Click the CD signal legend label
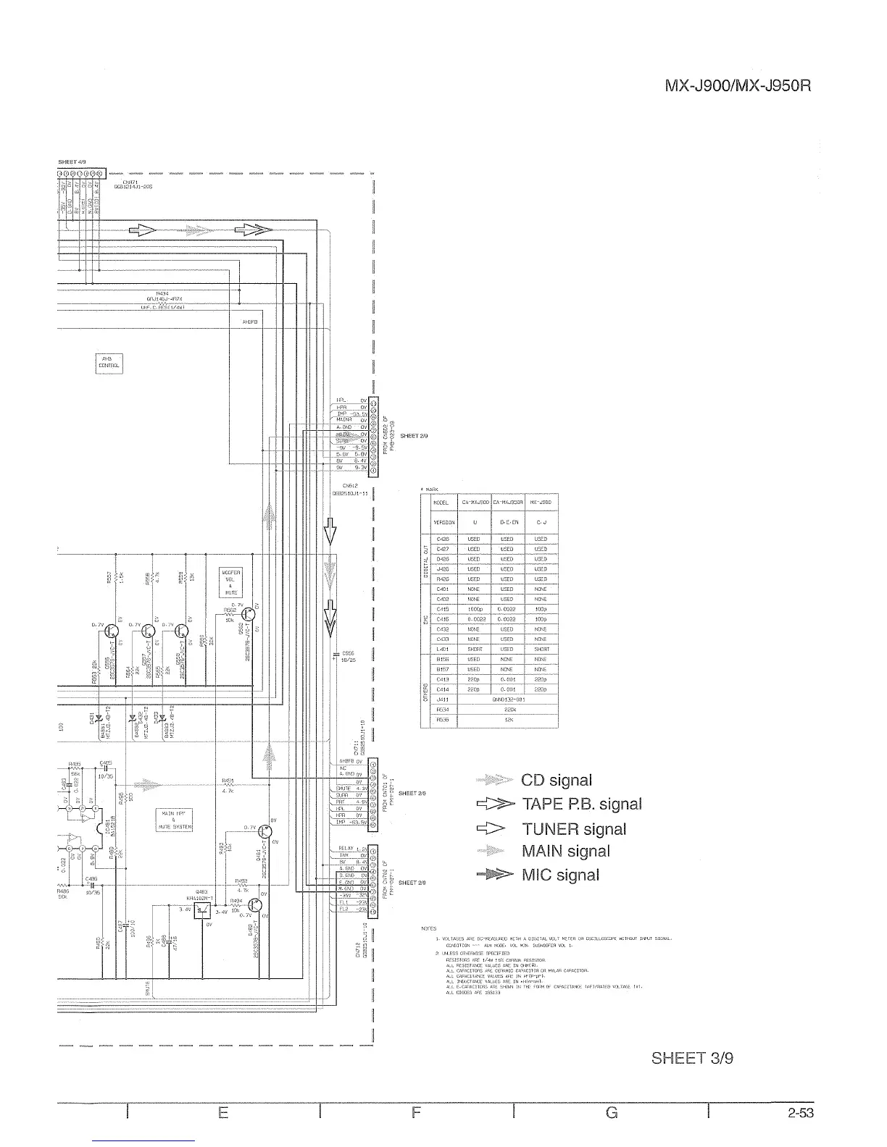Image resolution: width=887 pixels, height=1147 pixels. click(556, 781)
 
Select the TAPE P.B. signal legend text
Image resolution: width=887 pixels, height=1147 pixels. click(581, 804)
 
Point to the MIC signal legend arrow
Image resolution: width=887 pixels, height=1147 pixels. click(494, 875)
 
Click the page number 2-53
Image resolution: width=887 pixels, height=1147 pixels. click(801, 1113)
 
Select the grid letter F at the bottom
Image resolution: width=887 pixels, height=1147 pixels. click(416, 1113)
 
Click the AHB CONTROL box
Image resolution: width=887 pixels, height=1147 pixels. click(109, 362)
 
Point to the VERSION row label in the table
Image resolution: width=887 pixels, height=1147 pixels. click(443, 521)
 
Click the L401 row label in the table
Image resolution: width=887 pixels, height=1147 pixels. click(443, 650)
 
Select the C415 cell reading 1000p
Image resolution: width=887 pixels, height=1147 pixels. click(475, 610)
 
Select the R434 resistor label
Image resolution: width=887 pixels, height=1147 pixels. click(162, 294)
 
